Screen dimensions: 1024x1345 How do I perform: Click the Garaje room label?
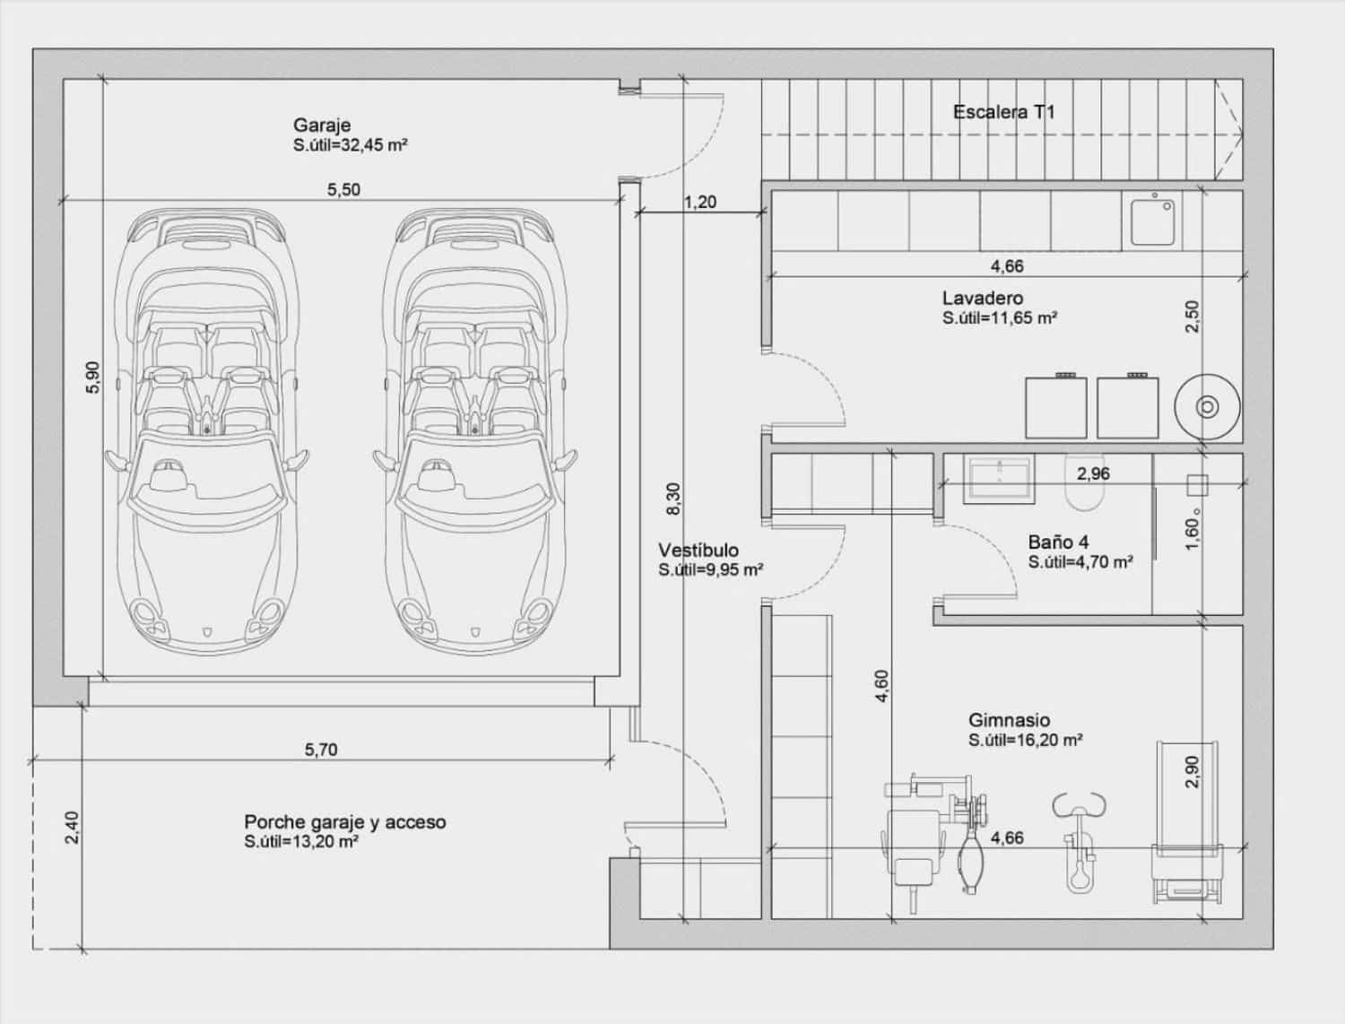coord(321,126)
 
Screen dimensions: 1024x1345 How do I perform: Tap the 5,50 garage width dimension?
coord(343,190)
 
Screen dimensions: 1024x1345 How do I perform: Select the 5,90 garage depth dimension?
coord(93,377)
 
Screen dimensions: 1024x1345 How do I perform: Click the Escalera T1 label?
coord(1003,112)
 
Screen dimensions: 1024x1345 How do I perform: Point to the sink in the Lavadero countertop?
coord(1152,221)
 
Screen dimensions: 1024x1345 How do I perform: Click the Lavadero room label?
coord(982,299)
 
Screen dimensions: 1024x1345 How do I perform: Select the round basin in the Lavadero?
coord(1207,407)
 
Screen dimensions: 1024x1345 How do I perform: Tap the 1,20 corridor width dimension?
coord(699,203)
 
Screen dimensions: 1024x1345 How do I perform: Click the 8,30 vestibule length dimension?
coord(673,499)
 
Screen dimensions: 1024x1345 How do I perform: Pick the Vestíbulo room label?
coord(699,551)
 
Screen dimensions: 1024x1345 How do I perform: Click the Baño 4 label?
coord(1058,542)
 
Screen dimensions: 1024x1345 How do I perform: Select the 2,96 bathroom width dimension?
coord(1093,473)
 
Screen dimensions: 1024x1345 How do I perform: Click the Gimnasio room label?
coord(1009,720)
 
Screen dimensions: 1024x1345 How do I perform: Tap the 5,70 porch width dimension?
coord(320,750)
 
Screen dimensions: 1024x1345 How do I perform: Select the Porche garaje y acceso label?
coord(344,822)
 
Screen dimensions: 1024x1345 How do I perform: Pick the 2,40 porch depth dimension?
coord(72,827)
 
